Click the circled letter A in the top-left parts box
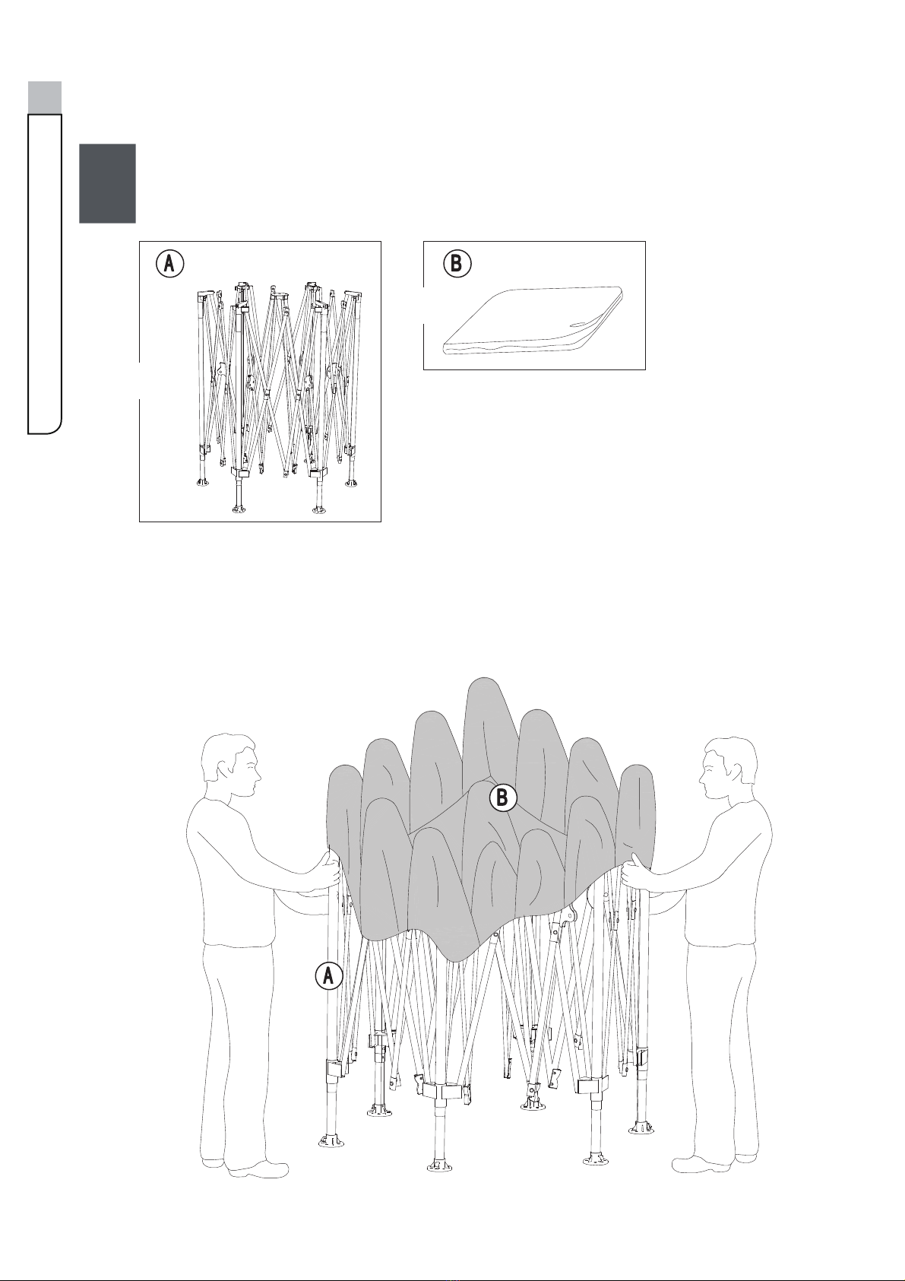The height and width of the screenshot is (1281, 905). click(169, 264)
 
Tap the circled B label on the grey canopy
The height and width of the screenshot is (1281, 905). click(503, 797)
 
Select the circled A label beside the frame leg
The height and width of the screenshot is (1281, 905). click(329, 975)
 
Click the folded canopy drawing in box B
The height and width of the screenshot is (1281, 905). click(533, 321)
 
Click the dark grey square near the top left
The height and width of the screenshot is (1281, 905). click(107, 183)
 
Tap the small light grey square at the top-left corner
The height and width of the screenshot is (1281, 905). click(45, 97)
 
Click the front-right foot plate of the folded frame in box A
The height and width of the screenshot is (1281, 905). click(318, 509)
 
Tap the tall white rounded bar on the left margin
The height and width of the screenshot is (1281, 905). click(45, 274)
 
